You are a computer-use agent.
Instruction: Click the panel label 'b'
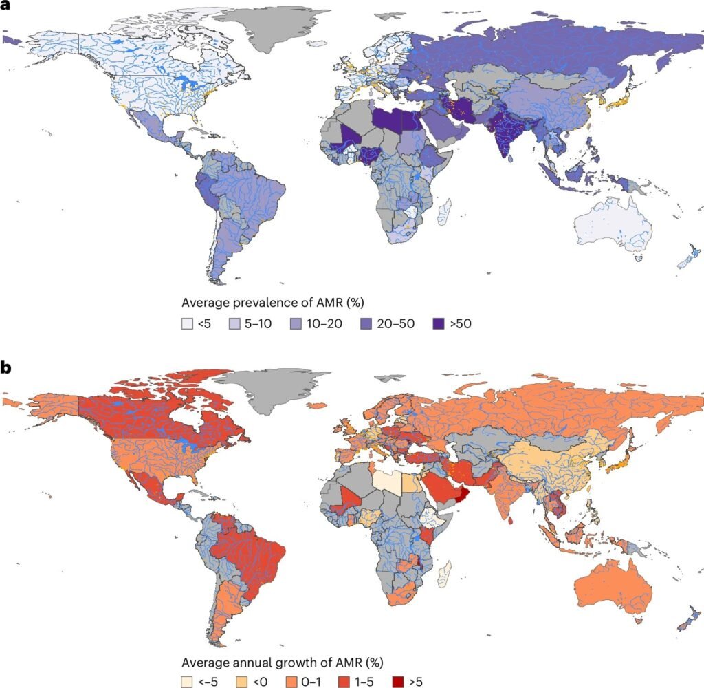6,366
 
